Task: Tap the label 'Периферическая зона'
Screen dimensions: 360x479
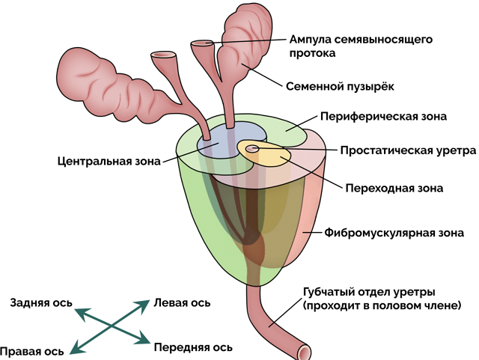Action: point(383,117)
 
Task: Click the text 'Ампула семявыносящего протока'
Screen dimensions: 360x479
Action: point(361,46)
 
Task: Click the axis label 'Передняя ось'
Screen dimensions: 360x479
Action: point(192,347)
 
